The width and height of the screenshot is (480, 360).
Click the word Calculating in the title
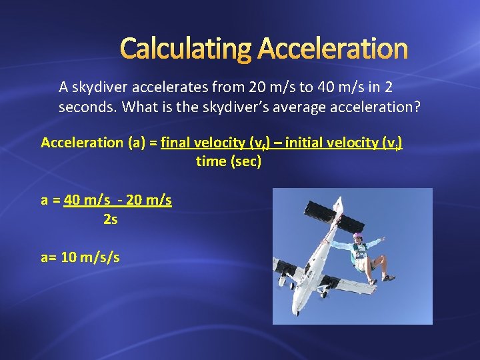click(186, 49)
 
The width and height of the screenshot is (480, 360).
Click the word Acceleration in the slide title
click(332, 49)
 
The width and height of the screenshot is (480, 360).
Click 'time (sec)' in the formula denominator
click(228, 161)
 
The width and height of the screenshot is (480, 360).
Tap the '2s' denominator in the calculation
click(111, 218)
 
